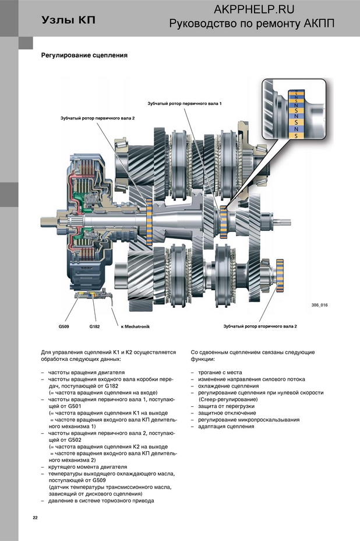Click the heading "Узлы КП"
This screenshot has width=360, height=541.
point(68,20)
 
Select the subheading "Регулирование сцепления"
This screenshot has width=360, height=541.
point(84,55)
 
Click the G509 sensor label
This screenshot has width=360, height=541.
point(63,326)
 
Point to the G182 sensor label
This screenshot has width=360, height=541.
point(94,326)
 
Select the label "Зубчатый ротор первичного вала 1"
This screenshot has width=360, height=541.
point(185,104)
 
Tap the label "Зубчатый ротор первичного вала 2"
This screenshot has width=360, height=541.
point(98,118)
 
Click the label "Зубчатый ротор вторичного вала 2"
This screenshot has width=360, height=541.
point(260,326)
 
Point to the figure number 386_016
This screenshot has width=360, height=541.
point(319,305)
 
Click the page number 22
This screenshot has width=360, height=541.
point(35,518)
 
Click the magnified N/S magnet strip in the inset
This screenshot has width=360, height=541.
point(296,114)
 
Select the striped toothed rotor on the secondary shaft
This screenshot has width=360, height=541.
point(280,276)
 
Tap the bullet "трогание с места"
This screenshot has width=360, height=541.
point(220,373)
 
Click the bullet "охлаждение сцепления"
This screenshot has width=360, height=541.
point(228,386)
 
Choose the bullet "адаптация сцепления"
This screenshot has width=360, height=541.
point(226,427)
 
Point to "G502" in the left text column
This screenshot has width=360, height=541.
point(75,440)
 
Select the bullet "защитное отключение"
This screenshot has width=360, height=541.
point(227,413)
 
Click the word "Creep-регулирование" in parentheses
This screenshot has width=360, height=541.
point(228,399)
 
